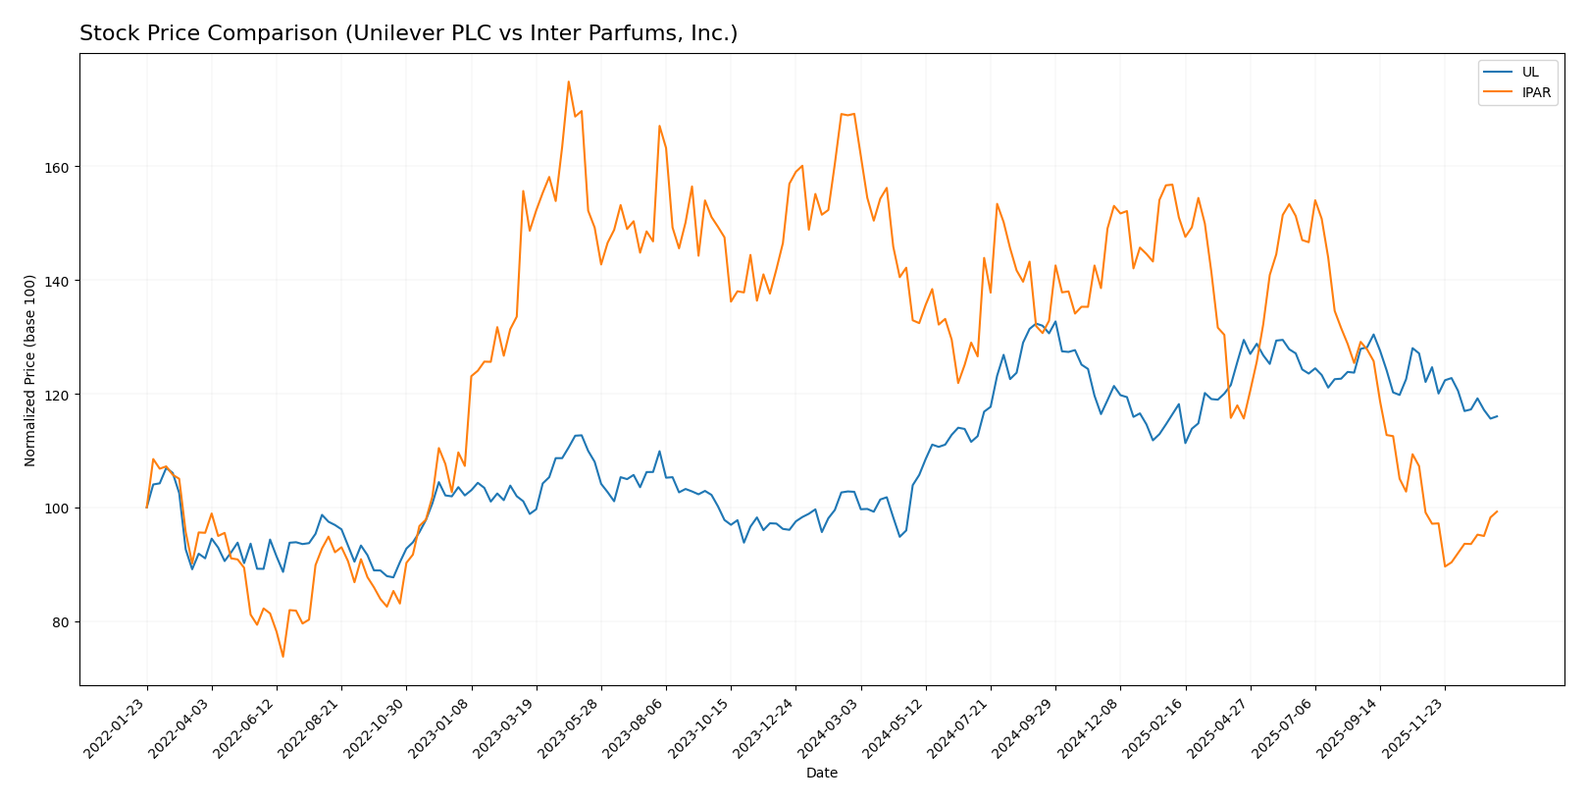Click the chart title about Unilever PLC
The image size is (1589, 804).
coord(408,33)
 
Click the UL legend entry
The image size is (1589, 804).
coord(1530,72)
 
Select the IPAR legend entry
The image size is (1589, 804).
coord(1536,93)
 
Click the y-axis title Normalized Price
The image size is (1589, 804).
coord(30,370)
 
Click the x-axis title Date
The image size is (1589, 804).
coord(821,774)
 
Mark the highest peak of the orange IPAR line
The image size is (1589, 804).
coord(569,81)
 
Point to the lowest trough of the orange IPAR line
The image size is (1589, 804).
coord(283,656)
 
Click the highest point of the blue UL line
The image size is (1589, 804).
coord(1037,323)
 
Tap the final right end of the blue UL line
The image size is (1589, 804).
coord(1497,416)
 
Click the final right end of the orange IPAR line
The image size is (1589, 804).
coord(1497,511)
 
